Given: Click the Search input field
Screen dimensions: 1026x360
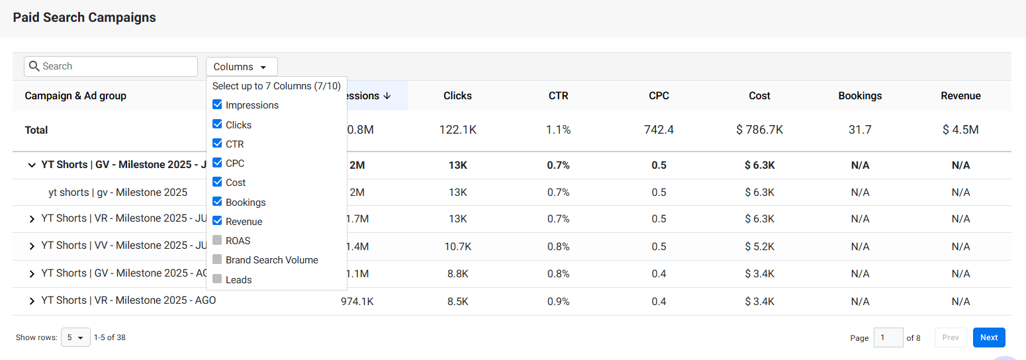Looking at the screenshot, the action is tap(111, 66).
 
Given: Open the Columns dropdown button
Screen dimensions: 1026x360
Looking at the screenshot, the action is tap(242, 66).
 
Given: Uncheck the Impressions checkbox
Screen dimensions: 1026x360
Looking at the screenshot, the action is tap(217, 105).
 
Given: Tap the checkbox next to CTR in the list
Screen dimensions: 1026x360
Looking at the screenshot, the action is tap(217, 144).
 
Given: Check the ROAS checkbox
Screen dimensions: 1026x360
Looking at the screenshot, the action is tap(217, 240).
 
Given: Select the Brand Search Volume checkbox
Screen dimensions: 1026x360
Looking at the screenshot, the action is tap(217, 259).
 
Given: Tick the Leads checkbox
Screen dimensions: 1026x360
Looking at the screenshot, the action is tap(217, 279).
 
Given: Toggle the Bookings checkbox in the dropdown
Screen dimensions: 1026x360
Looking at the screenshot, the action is tap(217, 202).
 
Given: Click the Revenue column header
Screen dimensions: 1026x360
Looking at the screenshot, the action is tap(960, 96).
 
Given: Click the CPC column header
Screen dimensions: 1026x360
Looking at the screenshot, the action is tap(659, 96).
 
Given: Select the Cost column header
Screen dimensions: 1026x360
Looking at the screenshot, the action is tap(759, 96).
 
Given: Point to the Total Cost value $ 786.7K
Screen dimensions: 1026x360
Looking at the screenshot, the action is tap(759, 130).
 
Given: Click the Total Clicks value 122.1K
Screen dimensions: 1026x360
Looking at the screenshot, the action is tap(457, 130).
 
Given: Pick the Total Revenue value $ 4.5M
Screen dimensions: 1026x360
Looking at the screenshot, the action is tap(960, 130).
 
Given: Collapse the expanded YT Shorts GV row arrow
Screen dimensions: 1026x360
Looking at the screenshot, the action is tap(32, 165).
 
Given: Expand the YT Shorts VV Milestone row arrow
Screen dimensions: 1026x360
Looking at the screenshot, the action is tap(32, 246).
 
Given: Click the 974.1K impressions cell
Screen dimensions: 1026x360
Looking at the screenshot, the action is tap(357, 301).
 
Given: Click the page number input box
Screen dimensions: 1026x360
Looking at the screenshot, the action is tap(888, 337).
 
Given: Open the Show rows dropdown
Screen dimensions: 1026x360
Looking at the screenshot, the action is tap(75, 337).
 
